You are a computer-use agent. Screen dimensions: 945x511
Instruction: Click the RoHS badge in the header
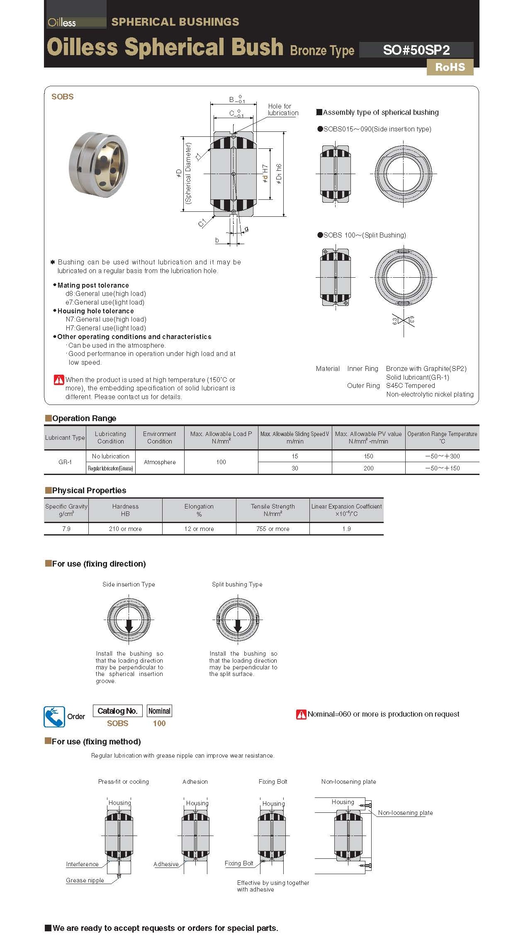pyautogui.click(x=450, y=67)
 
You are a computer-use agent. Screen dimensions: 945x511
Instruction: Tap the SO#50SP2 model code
pyautogui.click(x=416, y=50)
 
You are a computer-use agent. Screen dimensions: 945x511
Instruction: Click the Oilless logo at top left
pyautogui.click(x=62, y=22)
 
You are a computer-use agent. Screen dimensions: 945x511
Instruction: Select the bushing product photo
pyautogui.click(x=98, y=164)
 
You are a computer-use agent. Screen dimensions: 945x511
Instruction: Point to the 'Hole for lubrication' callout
pyautogui.click(x=282, y=109)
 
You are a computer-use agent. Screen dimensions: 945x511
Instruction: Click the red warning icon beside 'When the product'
pyautogui.click(x=59, y=379)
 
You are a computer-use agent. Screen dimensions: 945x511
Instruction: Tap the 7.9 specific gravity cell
pyautogui.click(x=66, y=528)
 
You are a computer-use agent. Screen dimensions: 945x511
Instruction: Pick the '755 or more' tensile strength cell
pyautogui.click(x=273, y=528)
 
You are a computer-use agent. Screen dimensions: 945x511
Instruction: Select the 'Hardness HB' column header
pyautogui.click(x=125, y=510)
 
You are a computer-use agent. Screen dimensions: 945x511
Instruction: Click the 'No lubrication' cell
pyautogui.click(x=110, y=456)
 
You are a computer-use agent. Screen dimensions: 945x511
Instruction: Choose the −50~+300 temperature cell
pyautogui.click(x=442, y=456)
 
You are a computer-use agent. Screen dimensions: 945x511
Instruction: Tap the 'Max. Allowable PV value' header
pyautogui.click(x=368, y=437)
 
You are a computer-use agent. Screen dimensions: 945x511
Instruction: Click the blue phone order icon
pyautogui.click(x=54, y=717)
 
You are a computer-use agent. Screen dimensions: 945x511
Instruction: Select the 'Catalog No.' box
pyautogui.click(x=117, y=711)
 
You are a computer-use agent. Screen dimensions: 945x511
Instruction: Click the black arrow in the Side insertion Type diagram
pyautogui.click(x=129, y=625)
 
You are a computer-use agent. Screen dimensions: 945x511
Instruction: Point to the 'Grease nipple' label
pyautogui.click(x=85, y=880)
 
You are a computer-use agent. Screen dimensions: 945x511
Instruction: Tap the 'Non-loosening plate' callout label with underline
pyautogui.click(x=405, y=813)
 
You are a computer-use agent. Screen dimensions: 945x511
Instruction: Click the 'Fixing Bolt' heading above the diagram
pyautogui.click(x=273, y=781)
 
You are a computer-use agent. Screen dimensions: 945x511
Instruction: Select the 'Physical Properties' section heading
pyautogui.click(x=89, y=490)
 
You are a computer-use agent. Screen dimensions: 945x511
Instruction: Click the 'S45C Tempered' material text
pyautogui.click(x=410, y=385)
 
